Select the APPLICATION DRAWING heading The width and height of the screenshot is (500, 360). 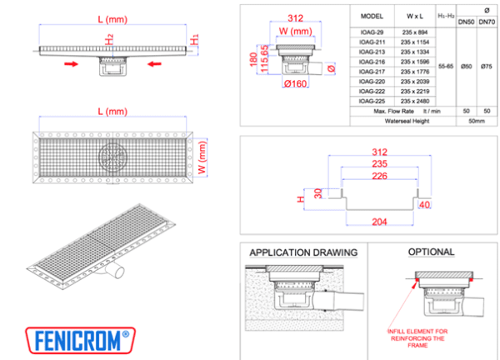pyautogui.click(x=303, y=252)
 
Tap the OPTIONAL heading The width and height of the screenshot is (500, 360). pyautogui.click(x=431, y=252)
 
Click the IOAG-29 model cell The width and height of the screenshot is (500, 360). pyautogui.click(x=372, y=31)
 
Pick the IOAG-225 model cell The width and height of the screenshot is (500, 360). pyautogui.click(x=372, y=101)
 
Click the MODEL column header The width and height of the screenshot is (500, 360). pyautogui.click(x=372, y=16)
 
